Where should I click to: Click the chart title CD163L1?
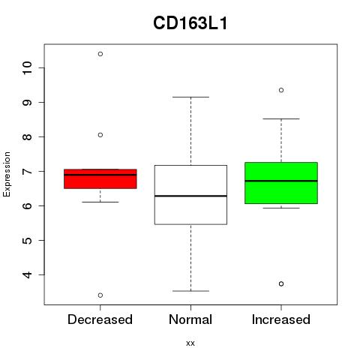[190, 23]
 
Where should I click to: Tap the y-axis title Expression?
[7, 174]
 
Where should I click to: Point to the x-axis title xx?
[190, 343]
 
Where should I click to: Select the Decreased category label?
[100, 319]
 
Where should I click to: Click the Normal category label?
[190, 319]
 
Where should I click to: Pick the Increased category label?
[281, 319]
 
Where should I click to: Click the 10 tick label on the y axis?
[27, 68]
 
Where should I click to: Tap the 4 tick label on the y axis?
[27, 274]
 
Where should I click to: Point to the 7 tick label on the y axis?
[27, 171]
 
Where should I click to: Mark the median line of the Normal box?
[190, 196]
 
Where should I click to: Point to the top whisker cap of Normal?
[190, 97]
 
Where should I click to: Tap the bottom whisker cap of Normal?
[190, 291]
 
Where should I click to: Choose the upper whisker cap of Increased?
[281, 119]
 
